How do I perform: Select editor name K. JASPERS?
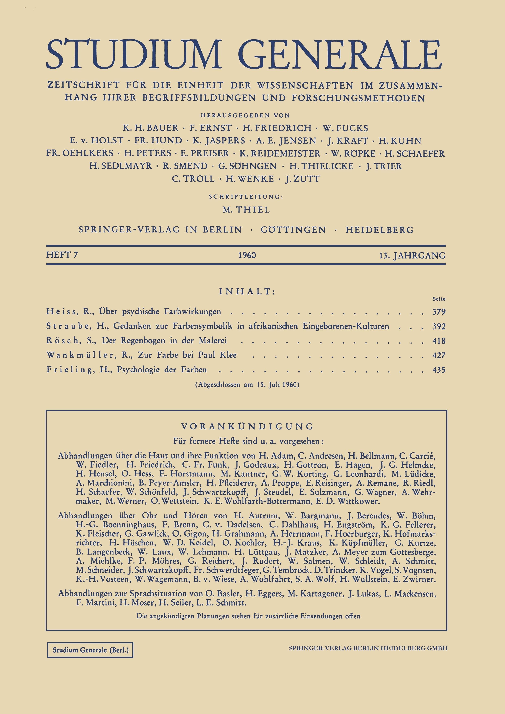tap(219, 141)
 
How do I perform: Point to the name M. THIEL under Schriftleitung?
tap(246, 210)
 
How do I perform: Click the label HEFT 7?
tap(62, 255)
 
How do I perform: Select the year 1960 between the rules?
tap(247, 255)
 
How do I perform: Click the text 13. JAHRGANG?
tap(412, 256)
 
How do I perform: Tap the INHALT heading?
tap(247, 291)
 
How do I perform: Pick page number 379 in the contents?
tap(439, 312)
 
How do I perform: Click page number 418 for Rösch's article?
tap(439, 341)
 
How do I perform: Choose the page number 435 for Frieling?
tap(439, 370)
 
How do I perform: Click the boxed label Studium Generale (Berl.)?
tap(90, 650)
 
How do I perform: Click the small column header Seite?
tap(439, 299)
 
